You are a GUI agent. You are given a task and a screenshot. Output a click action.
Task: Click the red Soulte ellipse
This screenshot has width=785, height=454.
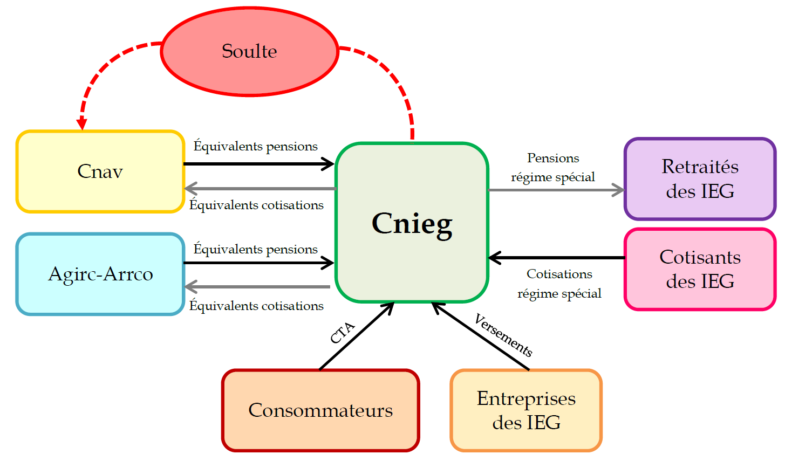(x=249, y=51)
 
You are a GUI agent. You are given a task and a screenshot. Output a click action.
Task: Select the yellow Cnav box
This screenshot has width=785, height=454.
(x=100, y=171)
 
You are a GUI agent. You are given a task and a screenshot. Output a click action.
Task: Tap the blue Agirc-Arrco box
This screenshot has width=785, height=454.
(x=100, y=274)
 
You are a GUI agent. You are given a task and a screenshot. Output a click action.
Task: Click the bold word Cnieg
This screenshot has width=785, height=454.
(x=412, y=223)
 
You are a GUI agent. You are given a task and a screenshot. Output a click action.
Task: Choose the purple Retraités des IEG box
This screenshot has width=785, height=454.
(x=700, y=178)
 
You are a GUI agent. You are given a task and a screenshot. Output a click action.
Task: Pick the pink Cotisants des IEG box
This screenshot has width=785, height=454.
(x=700, y=269)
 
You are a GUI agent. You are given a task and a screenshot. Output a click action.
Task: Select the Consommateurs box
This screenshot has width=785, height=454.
(x=320, y=410)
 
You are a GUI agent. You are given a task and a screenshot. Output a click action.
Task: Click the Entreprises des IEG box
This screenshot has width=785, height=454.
(x=526, y=410)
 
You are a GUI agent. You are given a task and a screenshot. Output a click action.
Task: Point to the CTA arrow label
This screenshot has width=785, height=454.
(x=343, y=333)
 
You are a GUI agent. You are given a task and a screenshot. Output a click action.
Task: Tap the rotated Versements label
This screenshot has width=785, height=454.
(x=503, y=335)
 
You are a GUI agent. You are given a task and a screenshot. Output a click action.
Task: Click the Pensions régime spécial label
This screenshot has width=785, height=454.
(x=553, y=168)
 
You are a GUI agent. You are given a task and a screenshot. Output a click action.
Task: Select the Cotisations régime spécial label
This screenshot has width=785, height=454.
(x=559, y=284)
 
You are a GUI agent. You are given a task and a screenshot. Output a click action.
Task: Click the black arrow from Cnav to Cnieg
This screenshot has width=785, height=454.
(x=259, y=163)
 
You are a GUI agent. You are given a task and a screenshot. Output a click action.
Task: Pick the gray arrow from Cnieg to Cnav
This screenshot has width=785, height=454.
(x=259, y=189)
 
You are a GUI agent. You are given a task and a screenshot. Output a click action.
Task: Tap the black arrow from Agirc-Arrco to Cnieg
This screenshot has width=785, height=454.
(x=259, y=263)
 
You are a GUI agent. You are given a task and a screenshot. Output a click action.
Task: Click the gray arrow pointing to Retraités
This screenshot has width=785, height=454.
(x=556, y=190)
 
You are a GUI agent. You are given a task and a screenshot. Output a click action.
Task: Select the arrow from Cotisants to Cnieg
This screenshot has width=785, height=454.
(x=556, y=258)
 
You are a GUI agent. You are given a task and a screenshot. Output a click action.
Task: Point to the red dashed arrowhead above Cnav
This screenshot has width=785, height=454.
(x=81, y=123)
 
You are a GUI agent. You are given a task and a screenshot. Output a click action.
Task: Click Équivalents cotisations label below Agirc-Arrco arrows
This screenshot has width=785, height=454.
(x=256, y=306)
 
